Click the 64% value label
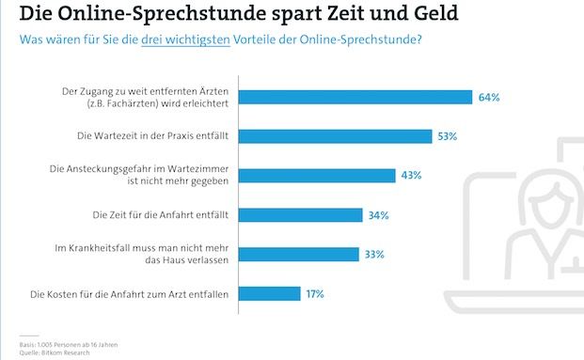coord(488,97)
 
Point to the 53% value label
coord(447,136)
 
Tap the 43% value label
coord(410,176)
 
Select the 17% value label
coord(314,294)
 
